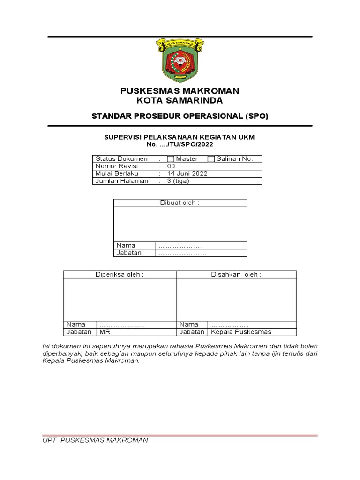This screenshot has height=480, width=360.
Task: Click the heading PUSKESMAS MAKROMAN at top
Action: [x=180, y=90]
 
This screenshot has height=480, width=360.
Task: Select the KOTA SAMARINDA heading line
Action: [x=180, y=100]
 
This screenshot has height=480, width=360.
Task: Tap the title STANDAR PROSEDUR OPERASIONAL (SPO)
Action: [x=180, y=116]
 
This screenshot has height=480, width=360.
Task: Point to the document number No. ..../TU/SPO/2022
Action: [x=180, y=144]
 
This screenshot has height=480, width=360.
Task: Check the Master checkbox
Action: [x=171, y=159]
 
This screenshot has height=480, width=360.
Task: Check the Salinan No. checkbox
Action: [x=211, y=159]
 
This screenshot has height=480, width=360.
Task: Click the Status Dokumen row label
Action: [x=121, y=159]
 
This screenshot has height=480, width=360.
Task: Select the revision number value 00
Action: [x=171, y=166]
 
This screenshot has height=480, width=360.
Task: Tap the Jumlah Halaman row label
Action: [x=122, y=181]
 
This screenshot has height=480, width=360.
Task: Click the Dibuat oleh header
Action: [x=180, y=202]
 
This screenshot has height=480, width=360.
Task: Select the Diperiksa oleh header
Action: [x=120, y=274]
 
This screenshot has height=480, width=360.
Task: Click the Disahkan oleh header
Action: [x=236, y=274]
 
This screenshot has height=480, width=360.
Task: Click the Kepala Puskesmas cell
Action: [x=241, y=332]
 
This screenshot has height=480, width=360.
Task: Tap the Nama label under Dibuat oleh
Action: [x=126, y=245]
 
